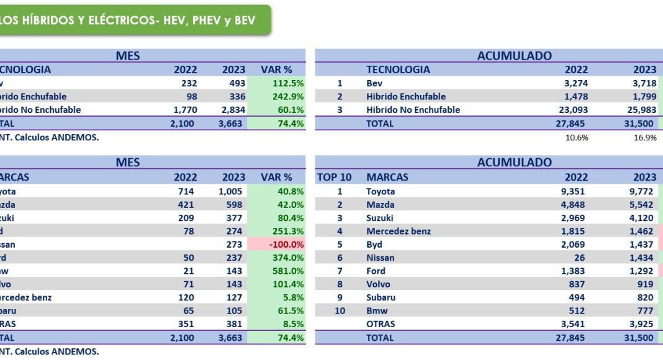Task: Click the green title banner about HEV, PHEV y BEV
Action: [x=130, y=20]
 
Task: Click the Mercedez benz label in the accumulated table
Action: [x=399, y=232]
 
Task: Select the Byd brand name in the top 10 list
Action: [x=374, y=245]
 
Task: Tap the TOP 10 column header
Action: [x=334, y=178]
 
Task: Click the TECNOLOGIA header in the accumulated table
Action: [x=398, y=70]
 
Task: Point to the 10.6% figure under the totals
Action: [x=577, y=138]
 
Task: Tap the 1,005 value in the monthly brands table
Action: [x=230, y=191]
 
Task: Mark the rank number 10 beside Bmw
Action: [x=340, y=310]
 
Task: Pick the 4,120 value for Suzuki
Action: [x=641, y=218]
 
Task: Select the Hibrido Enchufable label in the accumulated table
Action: [x=406, y=97]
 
